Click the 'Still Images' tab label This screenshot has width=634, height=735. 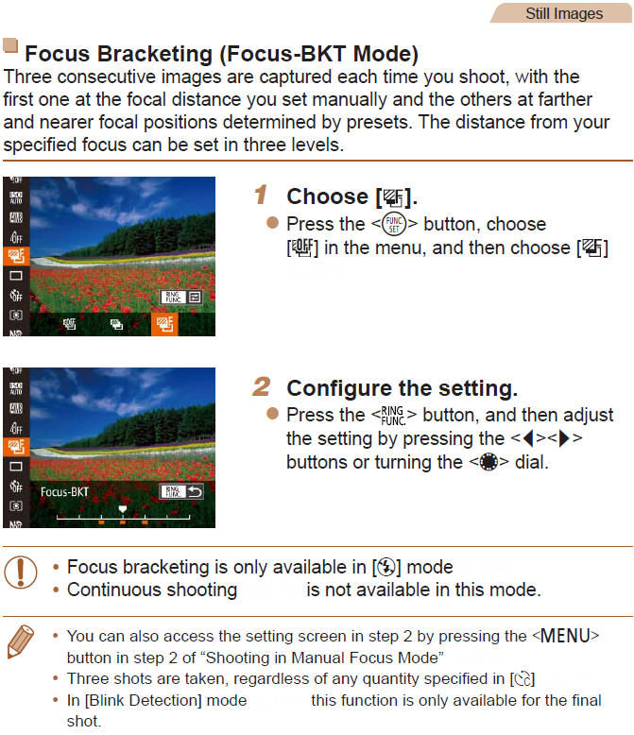pos(563,13)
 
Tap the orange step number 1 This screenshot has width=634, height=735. pos(262,196)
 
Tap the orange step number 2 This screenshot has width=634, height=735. pos(262,387)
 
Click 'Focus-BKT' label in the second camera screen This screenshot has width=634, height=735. pos(64,492)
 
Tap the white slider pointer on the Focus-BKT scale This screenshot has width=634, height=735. pos(122,508)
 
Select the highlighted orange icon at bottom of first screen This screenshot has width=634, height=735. pos(163,324)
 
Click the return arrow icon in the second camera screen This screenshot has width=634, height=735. pos(195,491)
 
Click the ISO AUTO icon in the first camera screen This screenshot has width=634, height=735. pos(15,197)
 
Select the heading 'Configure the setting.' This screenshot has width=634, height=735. pos(402,388)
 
